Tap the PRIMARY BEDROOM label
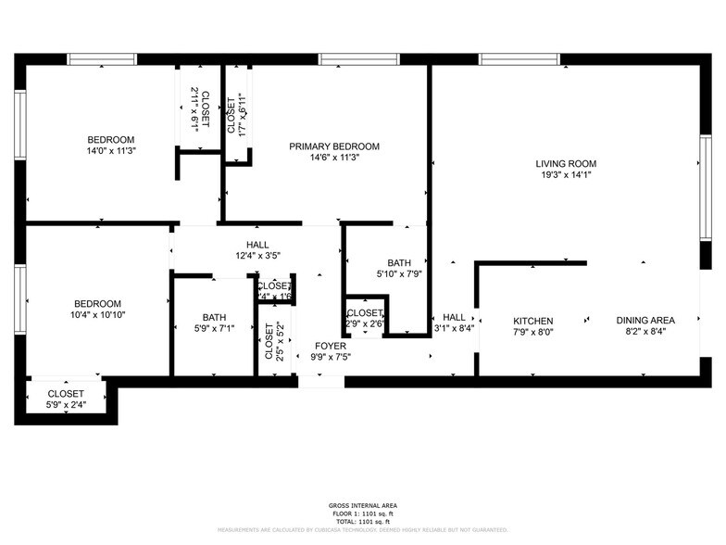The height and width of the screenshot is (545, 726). (333, 146)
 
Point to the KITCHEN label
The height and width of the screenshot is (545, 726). (532, 321)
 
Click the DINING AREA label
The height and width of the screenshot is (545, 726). (645, 321)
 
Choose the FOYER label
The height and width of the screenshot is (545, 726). (330, 346)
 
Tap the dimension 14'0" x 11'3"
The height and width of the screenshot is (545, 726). (111, 151)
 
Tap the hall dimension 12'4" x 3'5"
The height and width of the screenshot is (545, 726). (257, 255)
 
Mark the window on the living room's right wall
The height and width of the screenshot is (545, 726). (704, 203)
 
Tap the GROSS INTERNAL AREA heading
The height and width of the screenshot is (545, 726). (362, 505)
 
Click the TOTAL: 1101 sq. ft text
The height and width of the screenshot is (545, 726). (362, 520)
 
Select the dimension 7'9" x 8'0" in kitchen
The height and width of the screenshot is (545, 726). (532, 332)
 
